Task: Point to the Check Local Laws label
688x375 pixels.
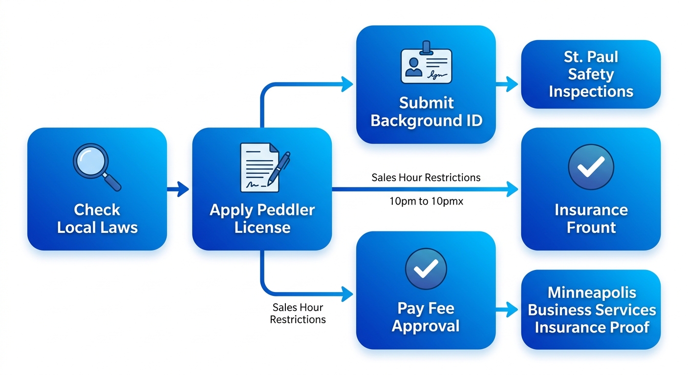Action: (x=97, y=219)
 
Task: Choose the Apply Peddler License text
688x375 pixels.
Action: (x=262, y=219)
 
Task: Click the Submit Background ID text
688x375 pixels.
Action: (x=426, y=112)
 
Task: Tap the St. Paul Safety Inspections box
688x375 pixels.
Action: (x=591, y=74)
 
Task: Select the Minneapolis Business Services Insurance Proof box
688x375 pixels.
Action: (x=591, y=310)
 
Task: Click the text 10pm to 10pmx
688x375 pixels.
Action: (x=426, y=201)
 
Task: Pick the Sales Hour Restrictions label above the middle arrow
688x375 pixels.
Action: (x=426, y=177)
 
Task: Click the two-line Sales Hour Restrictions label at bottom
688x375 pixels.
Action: (x=298, y=313)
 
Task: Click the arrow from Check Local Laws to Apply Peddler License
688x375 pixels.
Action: (x=178, y=188)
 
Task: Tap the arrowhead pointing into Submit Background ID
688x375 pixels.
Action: (x=347, y=83)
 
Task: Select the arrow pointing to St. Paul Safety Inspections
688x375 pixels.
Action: (x=508, y=84)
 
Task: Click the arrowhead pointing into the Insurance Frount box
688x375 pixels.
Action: (x=512, y=189)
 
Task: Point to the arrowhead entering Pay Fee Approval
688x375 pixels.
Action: (x=347, y=294)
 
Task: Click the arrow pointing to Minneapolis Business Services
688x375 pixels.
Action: (x=508, y=309)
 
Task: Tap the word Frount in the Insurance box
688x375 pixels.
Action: (x=591, y=228)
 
